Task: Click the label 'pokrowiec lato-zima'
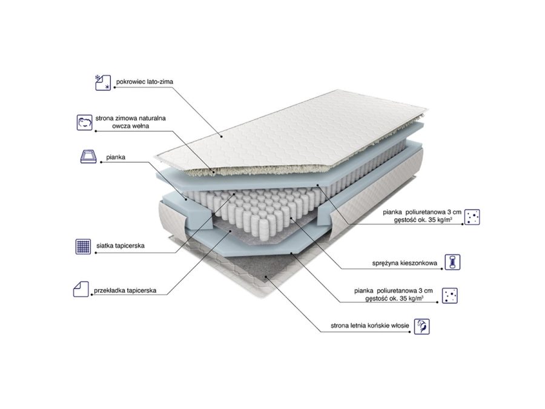(145, 82)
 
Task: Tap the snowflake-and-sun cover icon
(103, 83)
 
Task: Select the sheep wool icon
(84, 122)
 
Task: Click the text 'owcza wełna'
(130, 126)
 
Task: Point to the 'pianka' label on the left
(116, 157)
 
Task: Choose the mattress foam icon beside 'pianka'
(88, 156)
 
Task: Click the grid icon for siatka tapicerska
(83, 246)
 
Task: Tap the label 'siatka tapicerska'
(121, 245)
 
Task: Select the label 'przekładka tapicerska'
(125, 290)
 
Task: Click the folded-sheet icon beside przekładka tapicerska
(81, 289)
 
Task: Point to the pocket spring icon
(452, 262)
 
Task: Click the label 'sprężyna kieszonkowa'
(405, 264)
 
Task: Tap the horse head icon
(422, 327)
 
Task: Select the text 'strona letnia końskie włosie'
(370, 326)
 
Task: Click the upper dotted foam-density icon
(472, 217)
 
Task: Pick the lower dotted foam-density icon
(450, 295)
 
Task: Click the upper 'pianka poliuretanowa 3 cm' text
(422, 212)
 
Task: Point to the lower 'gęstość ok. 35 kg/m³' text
(394, 298)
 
